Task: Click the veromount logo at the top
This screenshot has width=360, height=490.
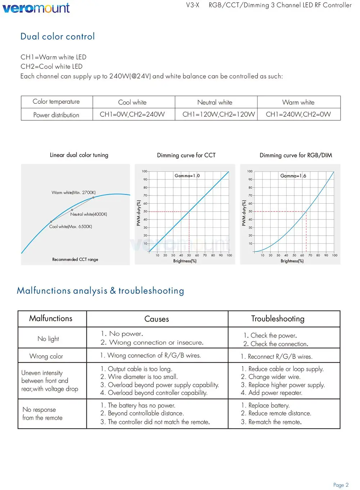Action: [x=36, y=8]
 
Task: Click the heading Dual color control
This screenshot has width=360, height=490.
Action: [x=58, y=36]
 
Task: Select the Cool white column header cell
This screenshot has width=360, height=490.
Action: [x=132, y=102]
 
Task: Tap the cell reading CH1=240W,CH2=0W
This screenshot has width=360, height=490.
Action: [x=298, y=115]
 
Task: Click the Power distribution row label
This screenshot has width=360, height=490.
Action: [x=56, y=115]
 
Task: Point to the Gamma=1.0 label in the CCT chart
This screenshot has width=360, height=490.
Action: [x=187, y=176]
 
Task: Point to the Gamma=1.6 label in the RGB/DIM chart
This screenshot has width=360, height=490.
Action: [x=293, y=176]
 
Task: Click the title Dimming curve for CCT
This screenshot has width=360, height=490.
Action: [x=186, y=155]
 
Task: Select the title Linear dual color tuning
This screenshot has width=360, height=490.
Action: [x=79, y=155]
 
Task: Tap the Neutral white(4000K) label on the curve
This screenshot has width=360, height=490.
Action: [x=89, y=214]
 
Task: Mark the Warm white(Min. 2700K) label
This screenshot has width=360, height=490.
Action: [x=73, y=193]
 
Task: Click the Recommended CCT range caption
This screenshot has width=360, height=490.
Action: [x=75, y=259]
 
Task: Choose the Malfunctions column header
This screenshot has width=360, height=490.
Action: [x=51, y=318]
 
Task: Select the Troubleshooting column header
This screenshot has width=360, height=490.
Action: [x=278, y=319]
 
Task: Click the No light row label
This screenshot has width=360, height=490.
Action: [x=48, y=339]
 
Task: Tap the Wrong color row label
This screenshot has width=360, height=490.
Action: [x=46, y=356]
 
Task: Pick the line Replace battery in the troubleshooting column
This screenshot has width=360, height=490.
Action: [x=269, y=405]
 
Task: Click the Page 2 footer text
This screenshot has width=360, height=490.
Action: [x=341, y=485]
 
